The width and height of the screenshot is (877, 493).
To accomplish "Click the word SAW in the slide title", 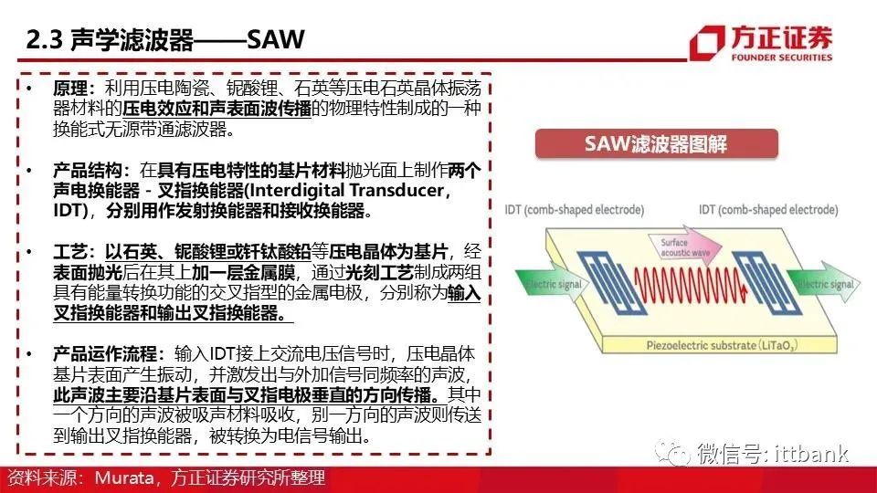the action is (x=276, y=39).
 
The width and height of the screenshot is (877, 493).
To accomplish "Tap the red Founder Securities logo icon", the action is (x=707, y=43).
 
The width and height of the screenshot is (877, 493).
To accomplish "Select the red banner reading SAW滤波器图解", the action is (x=656, y=143).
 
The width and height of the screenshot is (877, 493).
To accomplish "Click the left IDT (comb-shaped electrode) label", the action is (x=575, y=210).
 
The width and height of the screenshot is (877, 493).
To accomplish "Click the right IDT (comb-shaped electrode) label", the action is (x=768, y=210).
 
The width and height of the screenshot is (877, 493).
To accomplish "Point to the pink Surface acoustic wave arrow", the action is (x=685, y=246).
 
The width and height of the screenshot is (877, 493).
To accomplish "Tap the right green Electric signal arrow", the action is (x=823, y=282).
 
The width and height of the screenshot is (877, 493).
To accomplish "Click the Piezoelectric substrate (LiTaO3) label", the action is (x=722, y=345).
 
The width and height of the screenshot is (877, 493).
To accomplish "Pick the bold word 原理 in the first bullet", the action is (x=70, y=89).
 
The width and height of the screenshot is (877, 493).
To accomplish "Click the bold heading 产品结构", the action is (x=88, y=170).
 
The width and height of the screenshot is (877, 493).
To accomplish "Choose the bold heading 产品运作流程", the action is (x=105, y=353).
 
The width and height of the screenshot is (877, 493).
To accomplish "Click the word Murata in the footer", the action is (x=123, y=477).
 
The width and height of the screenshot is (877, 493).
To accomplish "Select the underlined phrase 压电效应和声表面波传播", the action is (x=217, y=109).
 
